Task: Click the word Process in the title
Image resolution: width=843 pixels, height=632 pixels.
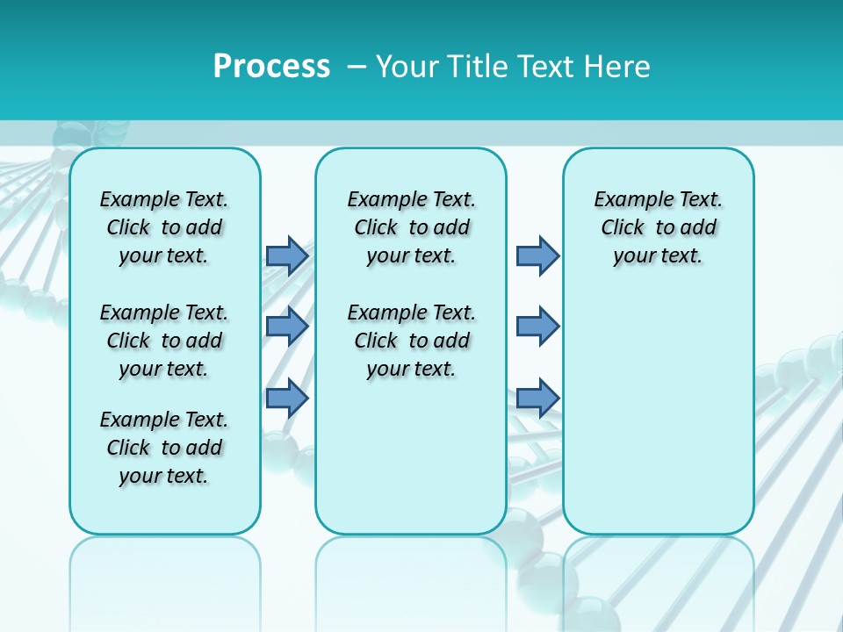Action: pos(271,67)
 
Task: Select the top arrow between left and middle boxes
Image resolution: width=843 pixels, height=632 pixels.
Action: pos(287,255)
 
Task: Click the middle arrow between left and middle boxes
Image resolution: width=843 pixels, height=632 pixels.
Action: pos(287,327)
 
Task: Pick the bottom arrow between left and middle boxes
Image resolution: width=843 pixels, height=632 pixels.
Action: pos(287,398)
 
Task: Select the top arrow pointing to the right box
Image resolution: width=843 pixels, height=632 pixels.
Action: pos(537,255)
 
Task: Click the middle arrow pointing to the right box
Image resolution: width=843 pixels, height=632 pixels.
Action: pos(537,327)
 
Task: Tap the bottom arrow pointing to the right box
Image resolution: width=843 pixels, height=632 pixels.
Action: pos(537,398)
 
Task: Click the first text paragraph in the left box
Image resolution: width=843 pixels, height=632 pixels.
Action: pos(164,227)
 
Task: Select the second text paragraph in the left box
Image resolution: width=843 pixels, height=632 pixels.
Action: pos(164,341)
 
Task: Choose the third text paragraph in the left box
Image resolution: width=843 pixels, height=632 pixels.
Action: pos(164,448)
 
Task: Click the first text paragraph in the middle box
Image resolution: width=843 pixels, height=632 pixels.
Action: pos(411,227)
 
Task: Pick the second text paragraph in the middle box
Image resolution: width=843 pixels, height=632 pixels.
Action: pos(411,341)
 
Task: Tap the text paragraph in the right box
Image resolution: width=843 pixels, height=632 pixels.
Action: pos(658,227)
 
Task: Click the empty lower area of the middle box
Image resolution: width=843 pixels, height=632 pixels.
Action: pos(411,456)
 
